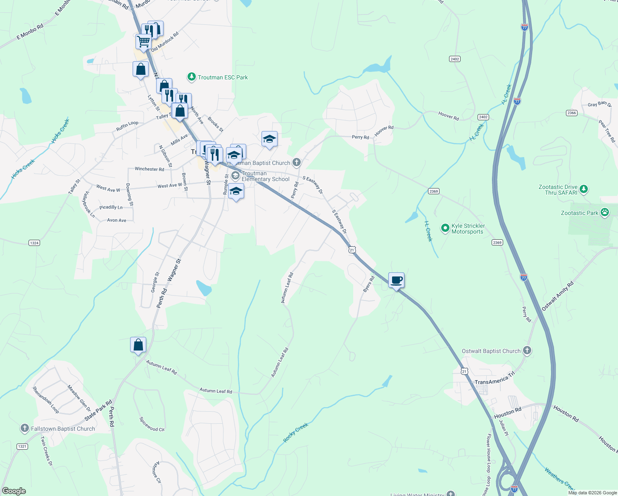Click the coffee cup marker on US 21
click(x=396, y=281)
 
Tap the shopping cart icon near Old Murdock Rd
click(x=143, y=41)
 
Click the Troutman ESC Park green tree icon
click(x=191, y=77)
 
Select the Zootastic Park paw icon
click(x=605, y=213)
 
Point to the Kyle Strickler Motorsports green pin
click(x=445, y=228)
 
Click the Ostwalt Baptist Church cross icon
click(x=527, y=351)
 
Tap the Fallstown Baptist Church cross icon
click(x=25, y=428)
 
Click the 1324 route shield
click(x=34, y=243)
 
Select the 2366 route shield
click(x=571, y=113)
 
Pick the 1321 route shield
click(x=22, y=446)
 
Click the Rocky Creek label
click(x=295, y=432)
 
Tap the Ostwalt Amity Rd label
click(x=557, y=296)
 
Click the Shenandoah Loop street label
click(x=45, y=400)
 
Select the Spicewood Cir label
click(x=152, y=424)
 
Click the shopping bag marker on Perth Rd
click(x=138, y=345)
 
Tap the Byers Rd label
click(x=368, y=284)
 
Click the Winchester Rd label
click(x=149, y=169)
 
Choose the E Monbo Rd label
click(x=30, y=32)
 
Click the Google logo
click(x=14, y=491)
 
